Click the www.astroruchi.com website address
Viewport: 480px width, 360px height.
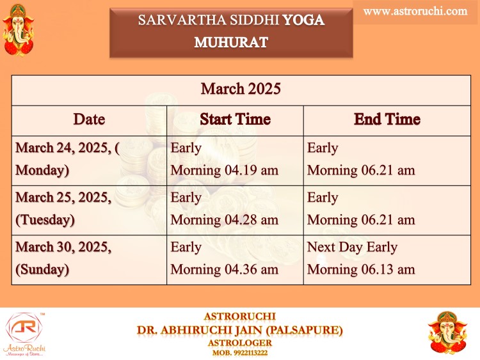(x=415, y=12)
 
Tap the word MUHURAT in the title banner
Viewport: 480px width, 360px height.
(x=231, y=42)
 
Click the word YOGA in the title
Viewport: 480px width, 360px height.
(x=303, y=20)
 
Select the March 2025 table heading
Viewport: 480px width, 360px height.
(x=241, y=89)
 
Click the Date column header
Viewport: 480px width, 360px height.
(x=89, y=119)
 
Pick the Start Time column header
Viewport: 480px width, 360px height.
(x=235, y=119)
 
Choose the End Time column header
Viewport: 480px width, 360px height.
(x=387, y=119)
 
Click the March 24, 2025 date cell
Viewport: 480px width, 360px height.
(x=67, y=159)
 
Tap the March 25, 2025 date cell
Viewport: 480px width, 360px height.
(x=63, y=208)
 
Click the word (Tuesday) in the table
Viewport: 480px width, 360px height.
(x=45, y=220)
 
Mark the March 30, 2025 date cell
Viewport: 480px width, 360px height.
(x=63, y=258)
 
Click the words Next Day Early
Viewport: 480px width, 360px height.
(x=352, y=247)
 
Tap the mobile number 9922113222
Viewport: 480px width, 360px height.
(x=251, y=353)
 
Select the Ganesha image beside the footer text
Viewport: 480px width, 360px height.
(x=448, y=333)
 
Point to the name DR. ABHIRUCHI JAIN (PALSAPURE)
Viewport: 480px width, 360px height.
(x=240, y=330)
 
